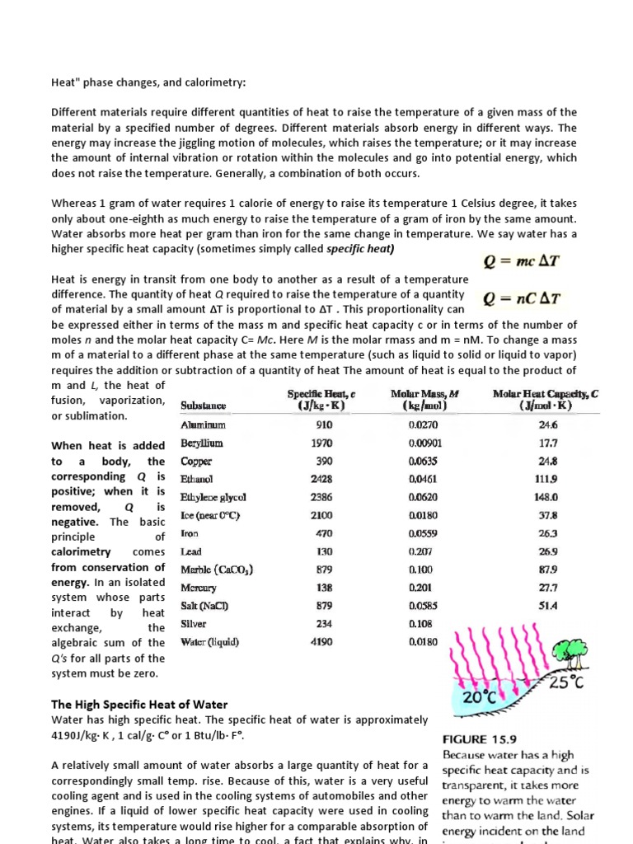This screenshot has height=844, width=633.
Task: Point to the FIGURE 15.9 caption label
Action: point(480,738)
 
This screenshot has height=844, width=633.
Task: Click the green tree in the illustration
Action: point(574,653)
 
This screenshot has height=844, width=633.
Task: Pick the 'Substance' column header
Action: point(203,406)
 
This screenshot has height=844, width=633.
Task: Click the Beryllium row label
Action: point(202,443)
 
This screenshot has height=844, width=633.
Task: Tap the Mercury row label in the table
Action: point(199,588)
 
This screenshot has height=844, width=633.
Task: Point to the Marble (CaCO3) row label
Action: point(217,570)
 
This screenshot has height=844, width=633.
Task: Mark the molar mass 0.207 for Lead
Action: point(420,551)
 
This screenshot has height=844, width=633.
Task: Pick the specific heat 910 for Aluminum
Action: point(323,425)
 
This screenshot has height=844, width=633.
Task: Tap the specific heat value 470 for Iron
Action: point(324,533)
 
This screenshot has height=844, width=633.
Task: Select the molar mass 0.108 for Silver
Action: point(420,624)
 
